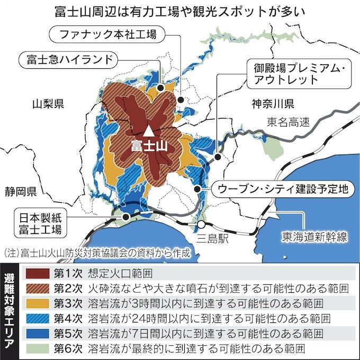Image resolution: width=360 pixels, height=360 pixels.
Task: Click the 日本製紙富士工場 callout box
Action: click(40, 223)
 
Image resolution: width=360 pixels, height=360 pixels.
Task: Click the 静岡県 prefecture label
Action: click(19, 191)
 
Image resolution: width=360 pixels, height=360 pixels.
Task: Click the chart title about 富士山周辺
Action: click(180, 11)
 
